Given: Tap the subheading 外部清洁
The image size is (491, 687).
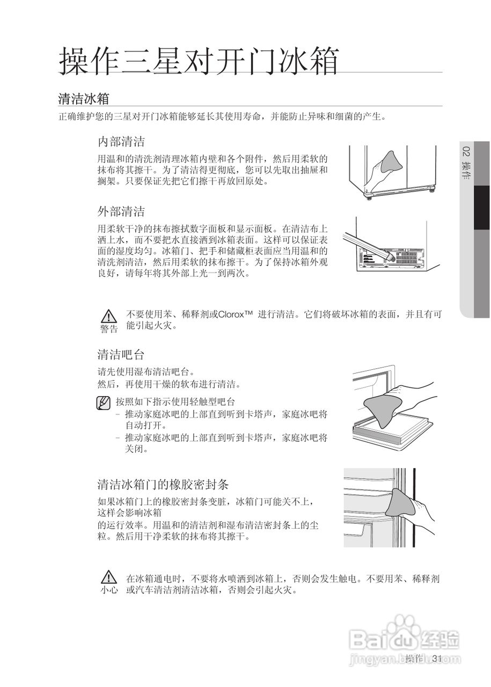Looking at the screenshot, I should [121, 210].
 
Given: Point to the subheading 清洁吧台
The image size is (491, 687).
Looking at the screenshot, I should [121, 354].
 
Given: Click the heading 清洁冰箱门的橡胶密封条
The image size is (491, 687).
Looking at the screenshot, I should [163, 484].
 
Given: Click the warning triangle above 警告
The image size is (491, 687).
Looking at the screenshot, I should [109, 315].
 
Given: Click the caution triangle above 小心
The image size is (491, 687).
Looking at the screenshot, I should [109, 578].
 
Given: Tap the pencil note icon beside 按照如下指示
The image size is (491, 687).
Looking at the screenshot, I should [104, 402].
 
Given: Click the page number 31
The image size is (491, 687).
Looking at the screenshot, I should [436, 659].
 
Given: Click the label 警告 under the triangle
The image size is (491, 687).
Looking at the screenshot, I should [109, 328].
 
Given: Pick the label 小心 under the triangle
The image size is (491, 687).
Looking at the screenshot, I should [109, 590].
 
